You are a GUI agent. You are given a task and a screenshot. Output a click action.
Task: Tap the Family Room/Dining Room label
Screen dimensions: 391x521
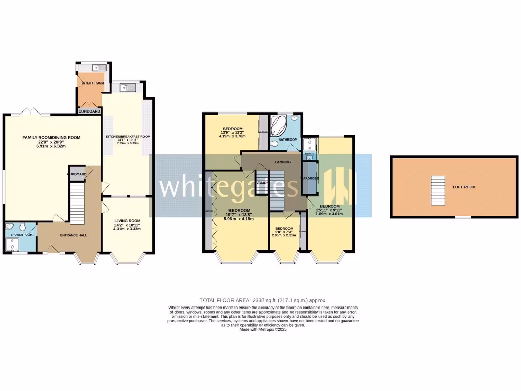coord(51,137)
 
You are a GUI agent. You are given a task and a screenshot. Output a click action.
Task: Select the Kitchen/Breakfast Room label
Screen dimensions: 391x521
coord(128,137)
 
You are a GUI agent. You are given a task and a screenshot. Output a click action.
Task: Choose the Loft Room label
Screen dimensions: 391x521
coord(464,187)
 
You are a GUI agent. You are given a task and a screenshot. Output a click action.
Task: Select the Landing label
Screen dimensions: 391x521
coord(282,162)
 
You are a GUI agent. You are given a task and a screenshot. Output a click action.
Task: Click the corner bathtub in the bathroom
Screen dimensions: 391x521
coord(279,124)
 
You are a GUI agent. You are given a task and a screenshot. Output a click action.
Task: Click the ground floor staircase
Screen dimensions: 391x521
coord(77,202)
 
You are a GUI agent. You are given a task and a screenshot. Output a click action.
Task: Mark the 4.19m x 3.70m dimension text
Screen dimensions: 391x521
coord(232,136)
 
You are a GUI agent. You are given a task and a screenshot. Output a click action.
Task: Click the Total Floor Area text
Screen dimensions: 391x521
coord(264,300)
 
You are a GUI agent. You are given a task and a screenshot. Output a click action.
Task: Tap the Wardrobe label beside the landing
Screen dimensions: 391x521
coord(309,178)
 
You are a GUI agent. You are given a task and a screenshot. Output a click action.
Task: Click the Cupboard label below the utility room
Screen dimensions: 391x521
coord(90,110)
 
